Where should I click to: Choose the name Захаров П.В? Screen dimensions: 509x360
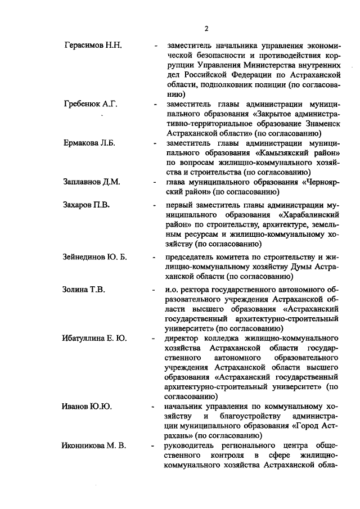click(x=86, y=205)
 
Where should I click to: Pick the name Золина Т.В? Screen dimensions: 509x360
click(x=84, y=290)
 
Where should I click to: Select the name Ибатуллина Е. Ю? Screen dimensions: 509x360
click(x=94, y=338)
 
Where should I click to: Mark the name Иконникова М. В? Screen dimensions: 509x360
click(x=94, y=445)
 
